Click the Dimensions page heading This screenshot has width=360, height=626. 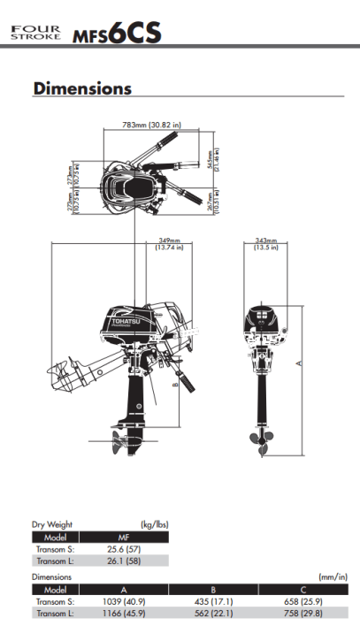coord(82,88)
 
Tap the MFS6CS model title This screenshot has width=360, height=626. coord(117,33)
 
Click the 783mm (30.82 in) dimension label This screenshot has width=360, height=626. coord(151,125)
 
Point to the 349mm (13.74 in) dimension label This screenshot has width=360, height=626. coord(170,244)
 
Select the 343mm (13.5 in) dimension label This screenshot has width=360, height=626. coord(266,244)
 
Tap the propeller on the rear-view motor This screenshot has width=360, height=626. coord(262,442)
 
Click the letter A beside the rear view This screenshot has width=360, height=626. coord(299,363)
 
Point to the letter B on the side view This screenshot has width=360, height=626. coord(174,384)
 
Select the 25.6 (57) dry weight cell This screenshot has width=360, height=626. coord(124,549)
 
